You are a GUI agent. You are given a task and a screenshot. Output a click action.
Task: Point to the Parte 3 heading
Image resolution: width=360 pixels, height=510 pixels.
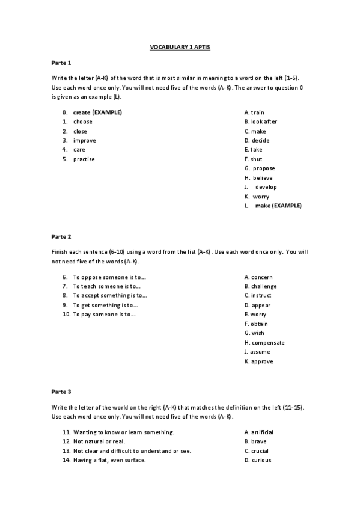tap(61, 392)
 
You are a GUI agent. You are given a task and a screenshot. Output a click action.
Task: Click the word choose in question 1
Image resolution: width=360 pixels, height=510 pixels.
tap(82, 121)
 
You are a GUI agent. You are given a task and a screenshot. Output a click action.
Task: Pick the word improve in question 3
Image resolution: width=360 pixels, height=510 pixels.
tap(84, 140)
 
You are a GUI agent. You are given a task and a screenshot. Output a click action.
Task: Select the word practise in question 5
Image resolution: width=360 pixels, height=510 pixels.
tap(84, 159)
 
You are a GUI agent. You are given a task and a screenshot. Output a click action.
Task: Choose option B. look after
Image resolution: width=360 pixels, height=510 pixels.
tap(260, 121)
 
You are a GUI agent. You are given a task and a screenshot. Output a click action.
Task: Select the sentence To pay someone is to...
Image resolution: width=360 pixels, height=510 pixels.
tap(105, 315)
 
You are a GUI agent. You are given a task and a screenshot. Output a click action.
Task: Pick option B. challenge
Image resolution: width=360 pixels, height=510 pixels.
tap(260, 286)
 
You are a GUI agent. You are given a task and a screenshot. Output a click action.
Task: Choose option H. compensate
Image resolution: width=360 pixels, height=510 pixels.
tap(264, 343)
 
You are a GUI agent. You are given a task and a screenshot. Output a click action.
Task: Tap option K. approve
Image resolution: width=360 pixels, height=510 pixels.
tap(258, 361)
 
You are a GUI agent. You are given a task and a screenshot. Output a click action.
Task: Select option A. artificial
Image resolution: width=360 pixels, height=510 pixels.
tap(259, 432)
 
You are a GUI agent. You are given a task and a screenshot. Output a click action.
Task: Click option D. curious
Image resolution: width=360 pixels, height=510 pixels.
tap(258, 460)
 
